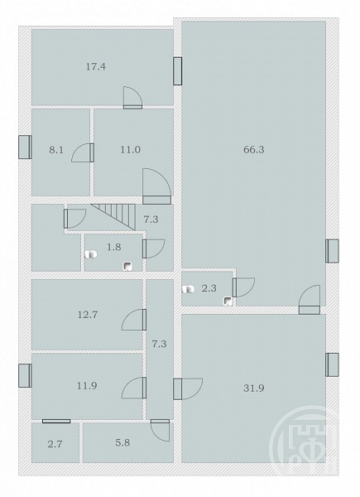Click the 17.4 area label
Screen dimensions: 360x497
click(96, 67)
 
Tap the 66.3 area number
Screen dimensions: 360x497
click(253, 150)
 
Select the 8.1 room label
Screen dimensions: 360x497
click(56, 150)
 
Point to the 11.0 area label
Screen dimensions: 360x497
click(131, 150)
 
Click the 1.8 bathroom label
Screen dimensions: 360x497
click(114, 247)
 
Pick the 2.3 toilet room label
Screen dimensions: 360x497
click(209, 288)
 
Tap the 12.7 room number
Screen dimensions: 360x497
click(88, 315)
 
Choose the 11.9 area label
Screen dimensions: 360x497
click(87, 386)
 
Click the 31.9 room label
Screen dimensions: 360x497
click(253, 388)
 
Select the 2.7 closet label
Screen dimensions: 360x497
click(55, 444)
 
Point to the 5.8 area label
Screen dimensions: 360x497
click(122, 442)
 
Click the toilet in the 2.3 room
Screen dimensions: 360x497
click(188, 289)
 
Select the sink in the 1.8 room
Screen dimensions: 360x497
click(127, 266)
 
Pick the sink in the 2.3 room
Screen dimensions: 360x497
click(228, 301)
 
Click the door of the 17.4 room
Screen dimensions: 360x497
click(132, 98)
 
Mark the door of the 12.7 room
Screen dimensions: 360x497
click(134, 320)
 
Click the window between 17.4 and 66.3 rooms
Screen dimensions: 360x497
click(178, 71)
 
